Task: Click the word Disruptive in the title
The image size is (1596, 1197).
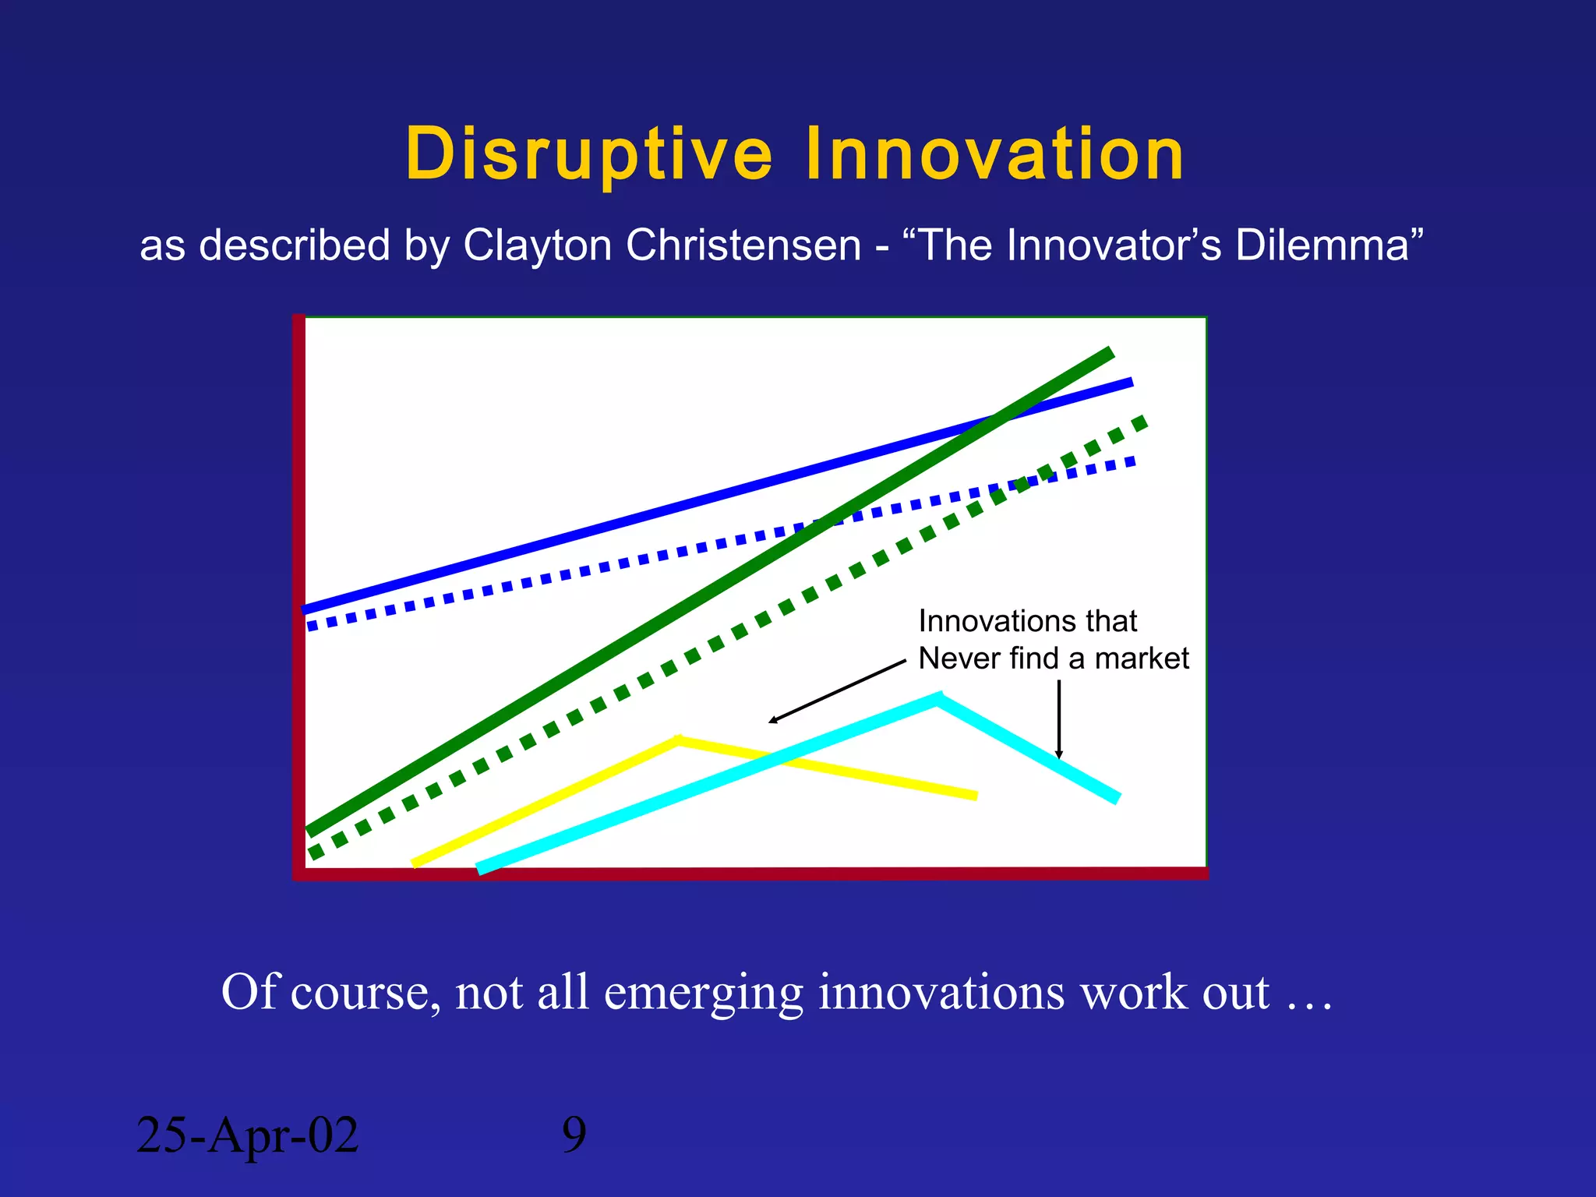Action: (588, 154)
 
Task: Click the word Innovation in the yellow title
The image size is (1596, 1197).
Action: (994, 154)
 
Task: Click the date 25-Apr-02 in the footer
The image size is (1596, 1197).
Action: (247, 1135)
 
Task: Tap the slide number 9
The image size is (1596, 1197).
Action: (574, 1135)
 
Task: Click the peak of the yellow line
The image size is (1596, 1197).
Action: (679, 740)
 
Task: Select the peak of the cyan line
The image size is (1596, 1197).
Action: (939, 698)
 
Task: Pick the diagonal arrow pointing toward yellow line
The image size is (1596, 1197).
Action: (837, 692)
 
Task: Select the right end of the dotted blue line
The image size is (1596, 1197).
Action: (1132, 462)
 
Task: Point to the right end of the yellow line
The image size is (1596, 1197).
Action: (974, 795)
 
